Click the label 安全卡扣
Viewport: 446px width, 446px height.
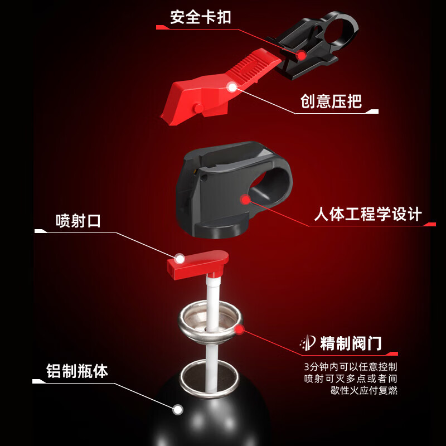pos(200,17)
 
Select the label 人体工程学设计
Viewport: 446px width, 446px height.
pos(368,214)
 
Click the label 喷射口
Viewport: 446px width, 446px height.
pos(78,221)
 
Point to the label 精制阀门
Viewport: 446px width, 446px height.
pos(351,343)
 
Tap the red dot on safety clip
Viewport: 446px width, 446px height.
pos(302,55)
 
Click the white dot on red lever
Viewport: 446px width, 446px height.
pos(232,86)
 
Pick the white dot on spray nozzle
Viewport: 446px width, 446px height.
pos(180,259)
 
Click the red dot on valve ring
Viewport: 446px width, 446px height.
pos(239,329)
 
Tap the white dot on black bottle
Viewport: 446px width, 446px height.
pos(177,410)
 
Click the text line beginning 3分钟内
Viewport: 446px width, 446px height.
pos(351,367)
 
